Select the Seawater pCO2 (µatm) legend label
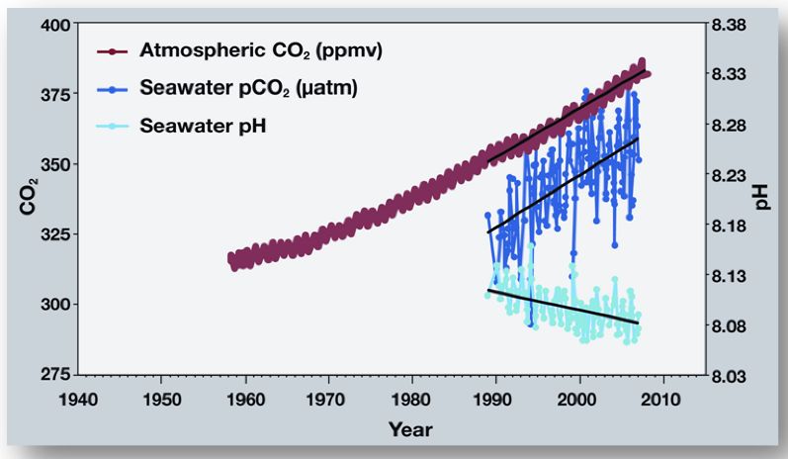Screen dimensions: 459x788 (x=247, y=89)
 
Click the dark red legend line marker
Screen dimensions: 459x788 (x=113, y=51)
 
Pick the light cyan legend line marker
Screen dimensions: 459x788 (x=113, y=126)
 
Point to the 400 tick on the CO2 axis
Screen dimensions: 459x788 (x=50, y=24)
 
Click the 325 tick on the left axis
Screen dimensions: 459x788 (x=50, y=233)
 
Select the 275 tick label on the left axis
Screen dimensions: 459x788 (x=50, y=375)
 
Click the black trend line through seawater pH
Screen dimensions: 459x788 (x=564, y=309)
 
